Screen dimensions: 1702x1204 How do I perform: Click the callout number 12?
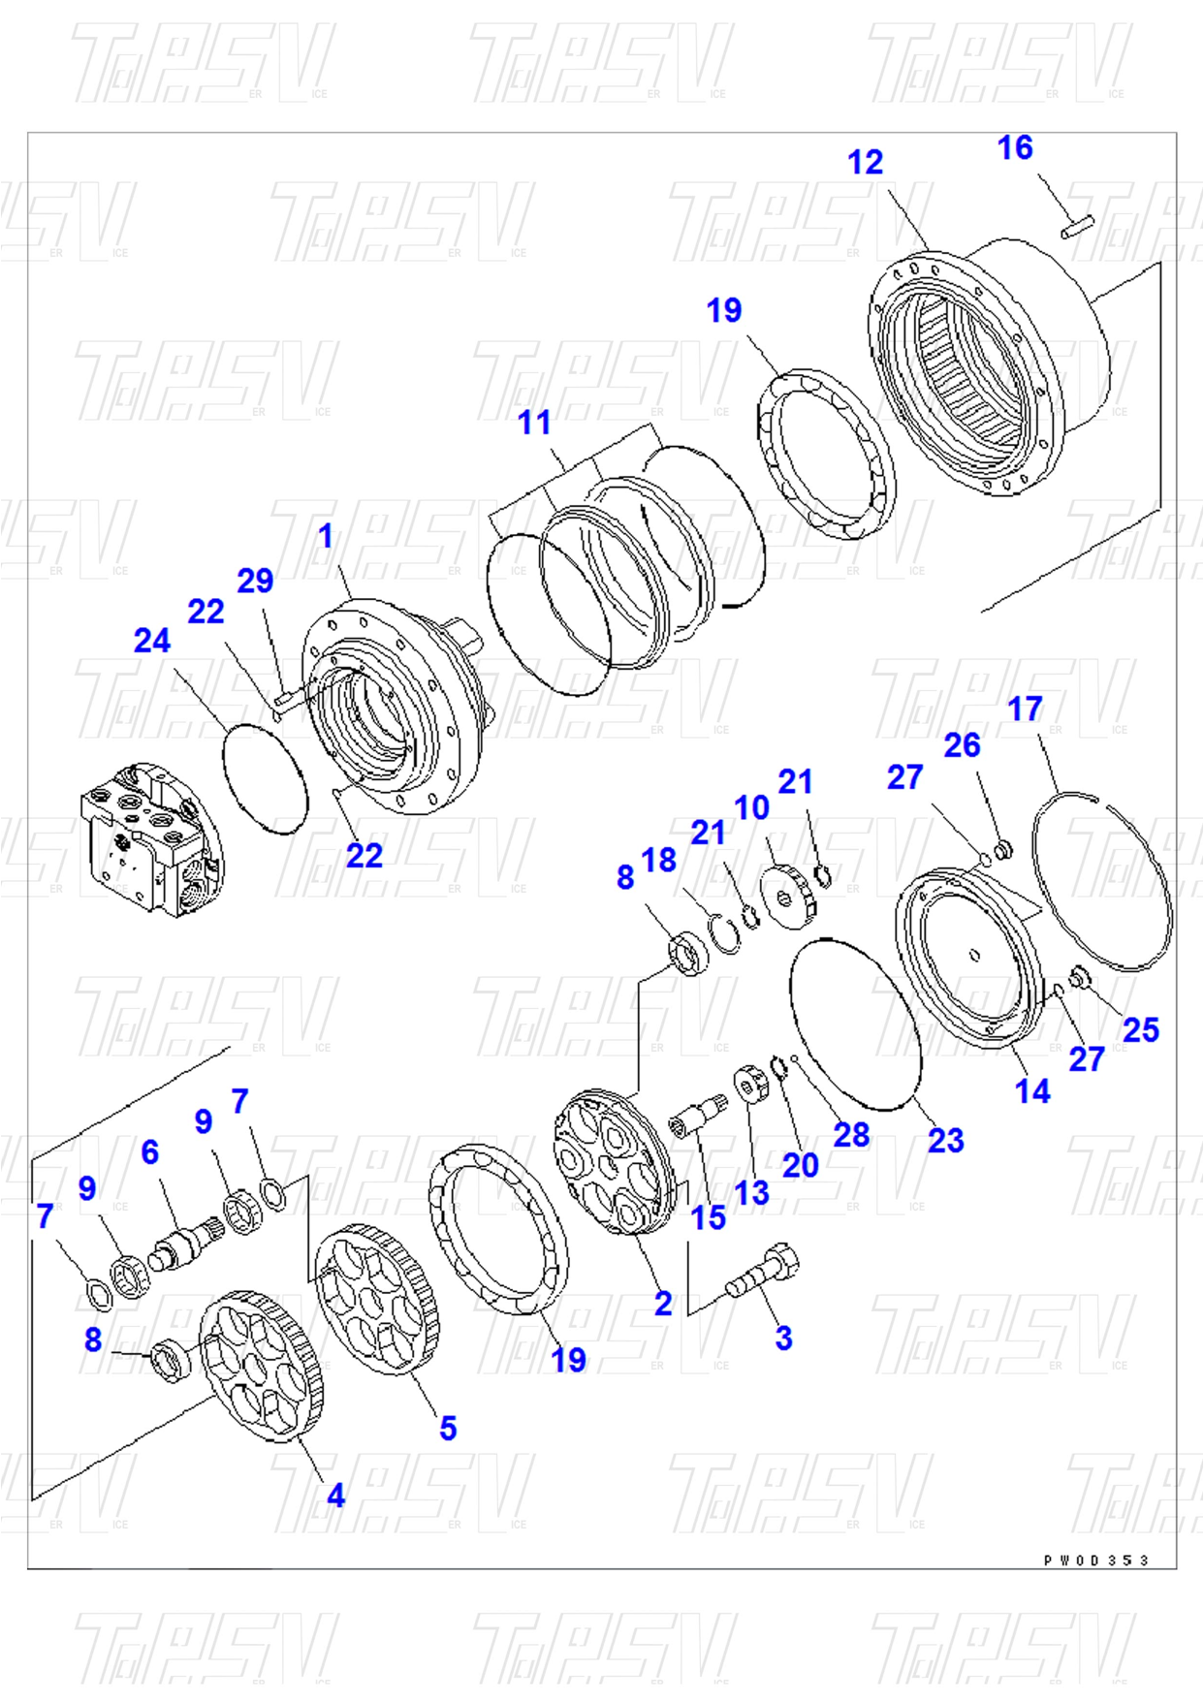865,163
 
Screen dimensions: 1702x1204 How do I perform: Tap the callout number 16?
1015,148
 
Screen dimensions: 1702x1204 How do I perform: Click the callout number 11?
534,423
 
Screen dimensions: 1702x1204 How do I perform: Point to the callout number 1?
326,535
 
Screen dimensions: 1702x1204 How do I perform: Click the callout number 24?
152,641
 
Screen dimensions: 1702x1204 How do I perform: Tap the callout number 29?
255,581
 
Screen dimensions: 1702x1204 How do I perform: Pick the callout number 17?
1025,709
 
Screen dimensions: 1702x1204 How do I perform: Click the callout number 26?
962,745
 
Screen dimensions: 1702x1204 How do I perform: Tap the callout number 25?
1140,1029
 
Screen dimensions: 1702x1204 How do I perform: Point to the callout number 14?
1032,1091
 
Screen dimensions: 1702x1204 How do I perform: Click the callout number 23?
945,1140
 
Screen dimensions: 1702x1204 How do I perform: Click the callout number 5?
448,1428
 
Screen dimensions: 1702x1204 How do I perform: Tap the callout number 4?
335,1496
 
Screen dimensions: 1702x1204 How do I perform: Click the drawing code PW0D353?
1095,1560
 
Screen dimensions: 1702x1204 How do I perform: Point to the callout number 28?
851,1135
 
